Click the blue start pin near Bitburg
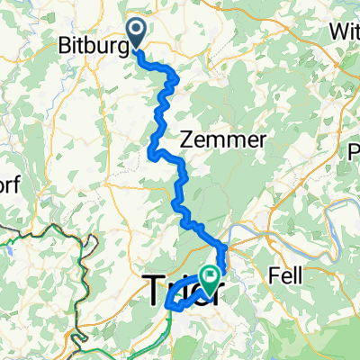pyautogui.click(x=137, y=32)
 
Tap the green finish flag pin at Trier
pyautogui.click(x=212, y=278)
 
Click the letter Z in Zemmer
pyautogui.click(x=190, y=139)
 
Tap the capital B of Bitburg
pyautogui.click(x=65, y=44)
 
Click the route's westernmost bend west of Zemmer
pyautogui.click(x=149, y=155)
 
